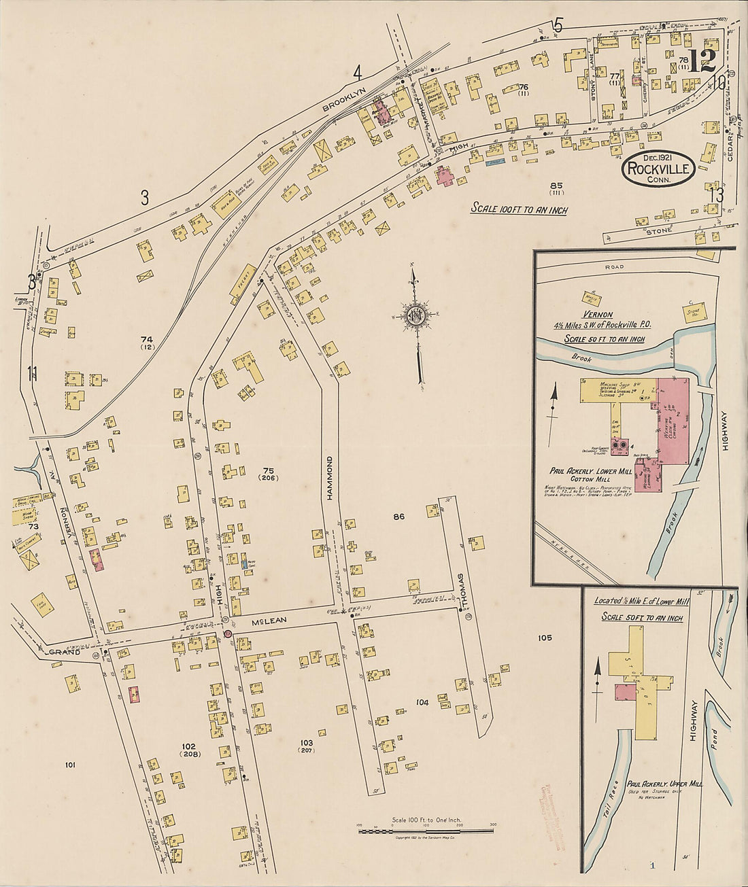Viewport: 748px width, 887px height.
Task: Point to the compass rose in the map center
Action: click(x=415, y=315)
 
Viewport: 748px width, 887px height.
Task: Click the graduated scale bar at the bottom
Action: click(x=426, y=831)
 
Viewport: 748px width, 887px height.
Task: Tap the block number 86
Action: click(x=398, y=517)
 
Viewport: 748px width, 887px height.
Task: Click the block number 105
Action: click(x=544, y=638)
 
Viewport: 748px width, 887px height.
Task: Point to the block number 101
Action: click(x=69, y=765)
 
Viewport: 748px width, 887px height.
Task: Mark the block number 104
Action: click(x=422, y=702)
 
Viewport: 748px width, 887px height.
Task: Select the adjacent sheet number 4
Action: click(x=357, y=72)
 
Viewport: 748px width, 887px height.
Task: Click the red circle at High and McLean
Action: click(x=228, y=633)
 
